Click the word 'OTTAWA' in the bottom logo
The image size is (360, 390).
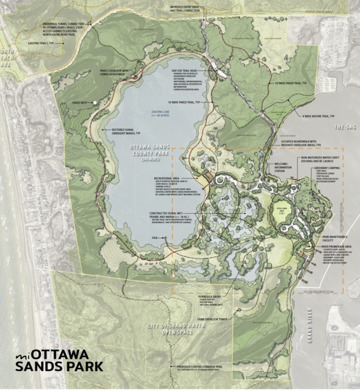coord(62,354)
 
